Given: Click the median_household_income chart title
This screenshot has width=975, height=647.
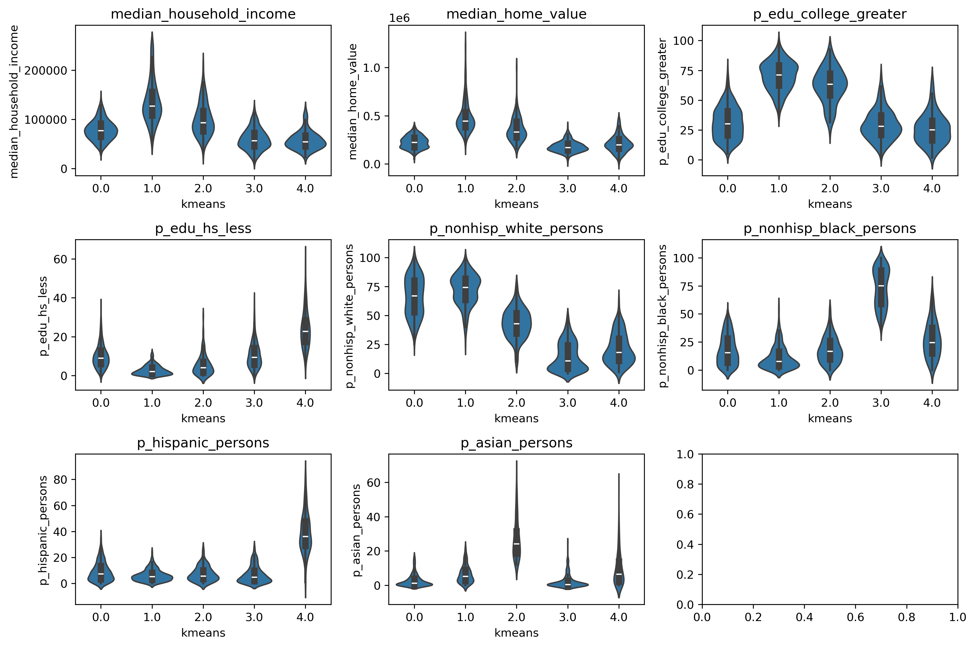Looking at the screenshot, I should pyautogui.click(x=203, y=14).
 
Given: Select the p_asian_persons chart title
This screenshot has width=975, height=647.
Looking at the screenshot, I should pyautogui.click(x=516, y=443).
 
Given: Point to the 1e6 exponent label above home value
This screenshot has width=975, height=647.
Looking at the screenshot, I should pyautogui.click(x=399, y=18).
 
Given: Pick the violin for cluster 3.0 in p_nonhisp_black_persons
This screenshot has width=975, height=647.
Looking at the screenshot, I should pyautogui.click(x=881, y=289).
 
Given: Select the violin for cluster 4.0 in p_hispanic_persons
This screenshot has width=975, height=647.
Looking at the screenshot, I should pyautogui.click(x=305, y=536).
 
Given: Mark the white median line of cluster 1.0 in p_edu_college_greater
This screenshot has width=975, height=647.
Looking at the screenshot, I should pyautogui.click(x=779, y=75).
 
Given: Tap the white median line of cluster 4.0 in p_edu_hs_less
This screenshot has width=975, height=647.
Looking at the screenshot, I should pyautogui.click(x=305, y=331).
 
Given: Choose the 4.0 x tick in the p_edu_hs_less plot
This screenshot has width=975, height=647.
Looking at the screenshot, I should pyautogui.click(x=305, y=403).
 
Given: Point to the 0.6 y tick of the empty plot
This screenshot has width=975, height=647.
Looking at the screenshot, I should pyautogui.click(x=685, y=514).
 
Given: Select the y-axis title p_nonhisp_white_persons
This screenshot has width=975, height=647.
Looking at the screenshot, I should pyautogui.click(x=350, y=316).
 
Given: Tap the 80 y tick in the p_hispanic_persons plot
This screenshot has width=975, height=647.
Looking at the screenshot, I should pyautogui.click(x=60, y=480).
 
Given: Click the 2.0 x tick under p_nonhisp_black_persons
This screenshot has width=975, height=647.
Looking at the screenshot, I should pyautogui.click(x=830, y=403).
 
